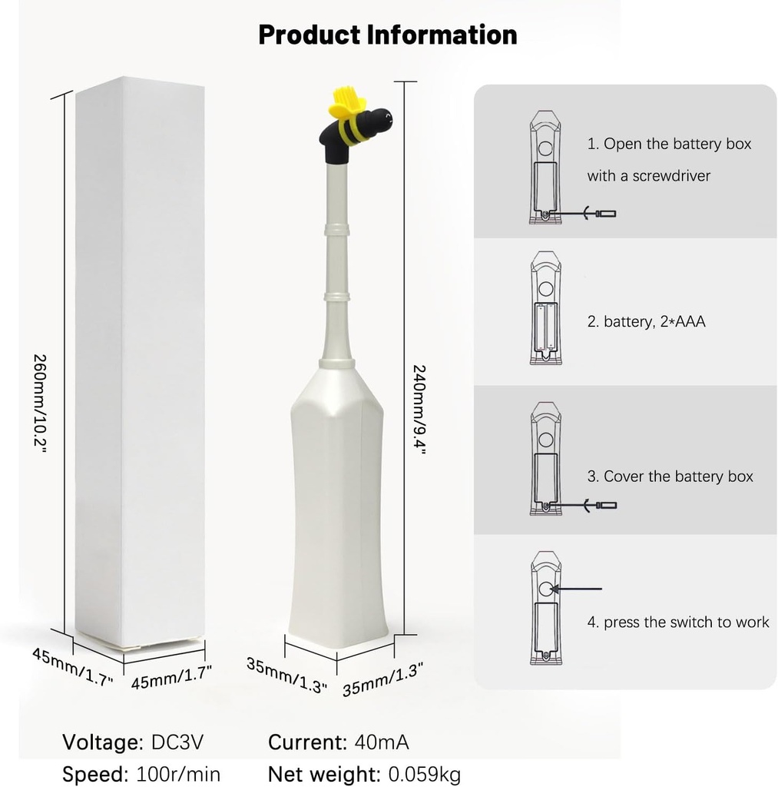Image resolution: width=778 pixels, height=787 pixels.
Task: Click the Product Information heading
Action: pyautogui.click(x=387, y=35)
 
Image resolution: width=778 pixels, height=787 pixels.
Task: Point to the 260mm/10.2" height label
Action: pyautogui.click(x=40, y=403)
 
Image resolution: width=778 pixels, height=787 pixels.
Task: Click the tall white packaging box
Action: pyautogui.click(x=141, y=361)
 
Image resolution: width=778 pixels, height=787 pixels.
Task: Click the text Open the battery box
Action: pyautogui.click(x=669, y=144)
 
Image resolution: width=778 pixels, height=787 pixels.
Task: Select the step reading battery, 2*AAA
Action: pyautogui.click(x=646, y=321)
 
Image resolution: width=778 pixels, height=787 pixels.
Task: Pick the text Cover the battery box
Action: pyautogui.click(x=670, y=477)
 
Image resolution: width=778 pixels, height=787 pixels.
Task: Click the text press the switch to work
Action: pyautogui.click(x=678, y=622)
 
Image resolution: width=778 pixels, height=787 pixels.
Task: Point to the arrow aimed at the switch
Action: pyautogui.click(x=581, y=589)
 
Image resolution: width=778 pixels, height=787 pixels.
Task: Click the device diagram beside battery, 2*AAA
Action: pyautogui.click(x=545, y=307)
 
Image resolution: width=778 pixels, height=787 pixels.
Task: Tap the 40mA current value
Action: pyautogui.click(x=381, y=742)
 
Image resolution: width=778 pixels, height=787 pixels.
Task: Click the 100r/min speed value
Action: pyautogui.click(x=178, y=773)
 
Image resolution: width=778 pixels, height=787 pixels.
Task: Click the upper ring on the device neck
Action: pyautogui.click(x=336, y=228)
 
